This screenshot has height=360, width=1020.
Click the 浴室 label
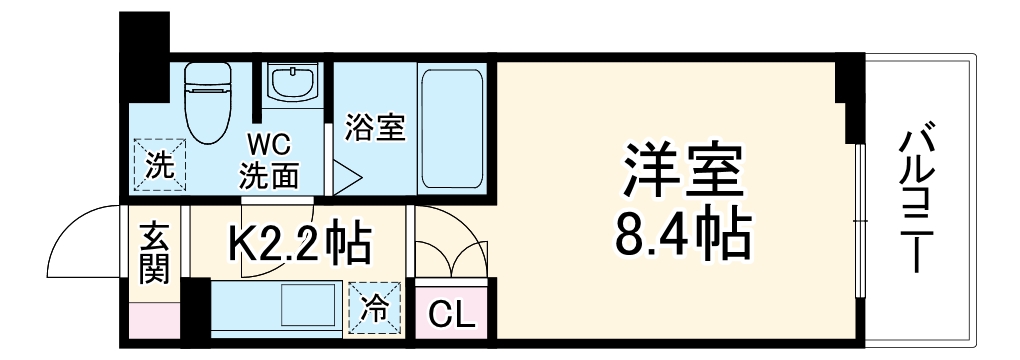(x=375, y=128)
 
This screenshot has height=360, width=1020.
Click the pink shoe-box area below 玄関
(x=155, y=322)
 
